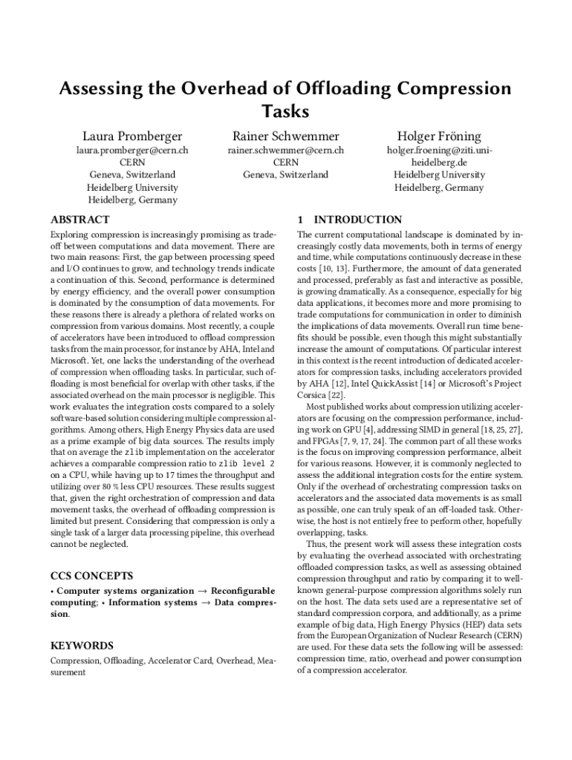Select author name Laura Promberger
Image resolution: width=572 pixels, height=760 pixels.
(x=132, y=137)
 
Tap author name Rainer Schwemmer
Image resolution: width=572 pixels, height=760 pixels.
(x=286, y=137)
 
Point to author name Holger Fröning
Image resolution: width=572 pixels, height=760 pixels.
(x=439, y=137)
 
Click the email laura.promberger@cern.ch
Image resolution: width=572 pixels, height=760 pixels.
(x=132, y=150)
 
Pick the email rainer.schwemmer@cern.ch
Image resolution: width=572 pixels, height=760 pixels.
(x=286, y=150)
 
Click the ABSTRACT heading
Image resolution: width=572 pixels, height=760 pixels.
(x=79, y=220)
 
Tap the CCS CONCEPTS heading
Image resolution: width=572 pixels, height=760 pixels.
(x=91, y=576)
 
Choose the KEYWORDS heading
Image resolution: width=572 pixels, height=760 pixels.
(x=82, y=646)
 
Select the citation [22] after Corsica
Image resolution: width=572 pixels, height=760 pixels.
(x=337, y=396)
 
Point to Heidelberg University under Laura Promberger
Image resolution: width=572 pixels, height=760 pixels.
(x=132, y=188)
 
